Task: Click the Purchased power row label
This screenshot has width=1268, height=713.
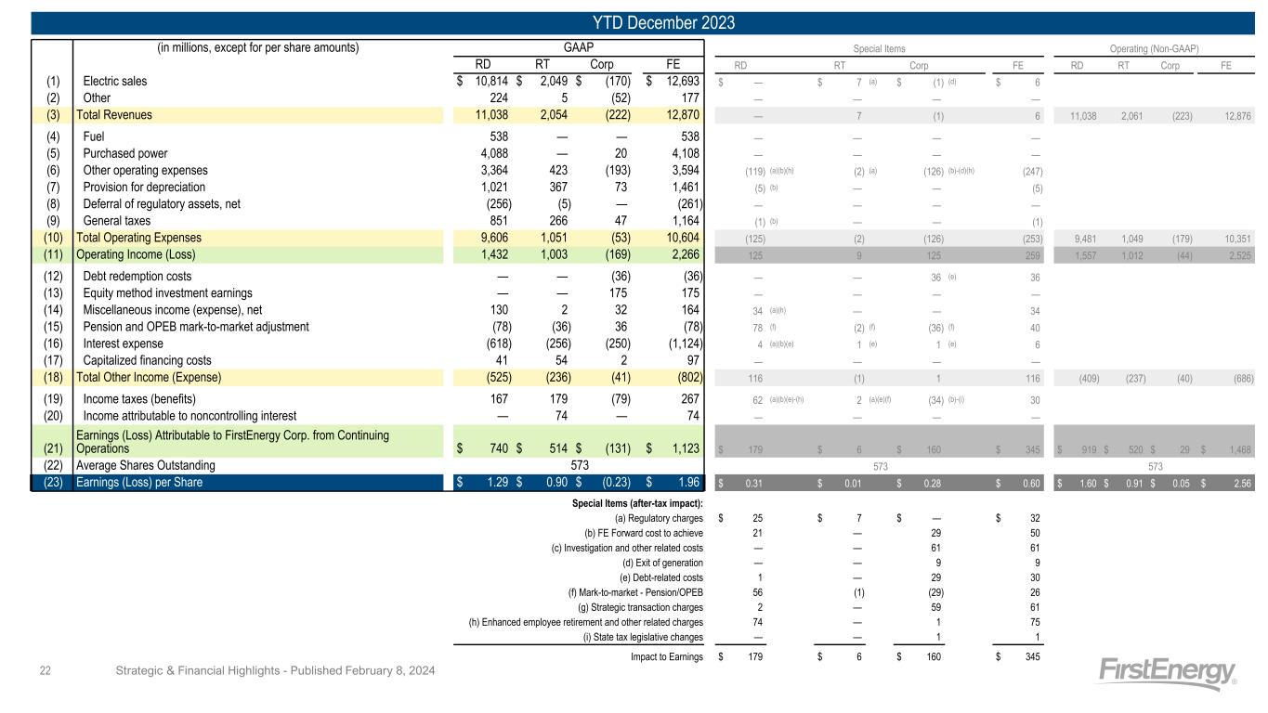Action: [x=124, y=154]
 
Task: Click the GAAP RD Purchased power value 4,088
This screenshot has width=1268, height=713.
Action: [x=483, y=154]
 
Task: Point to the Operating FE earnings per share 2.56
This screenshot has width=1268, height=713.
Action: [x=1237, y=483]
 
